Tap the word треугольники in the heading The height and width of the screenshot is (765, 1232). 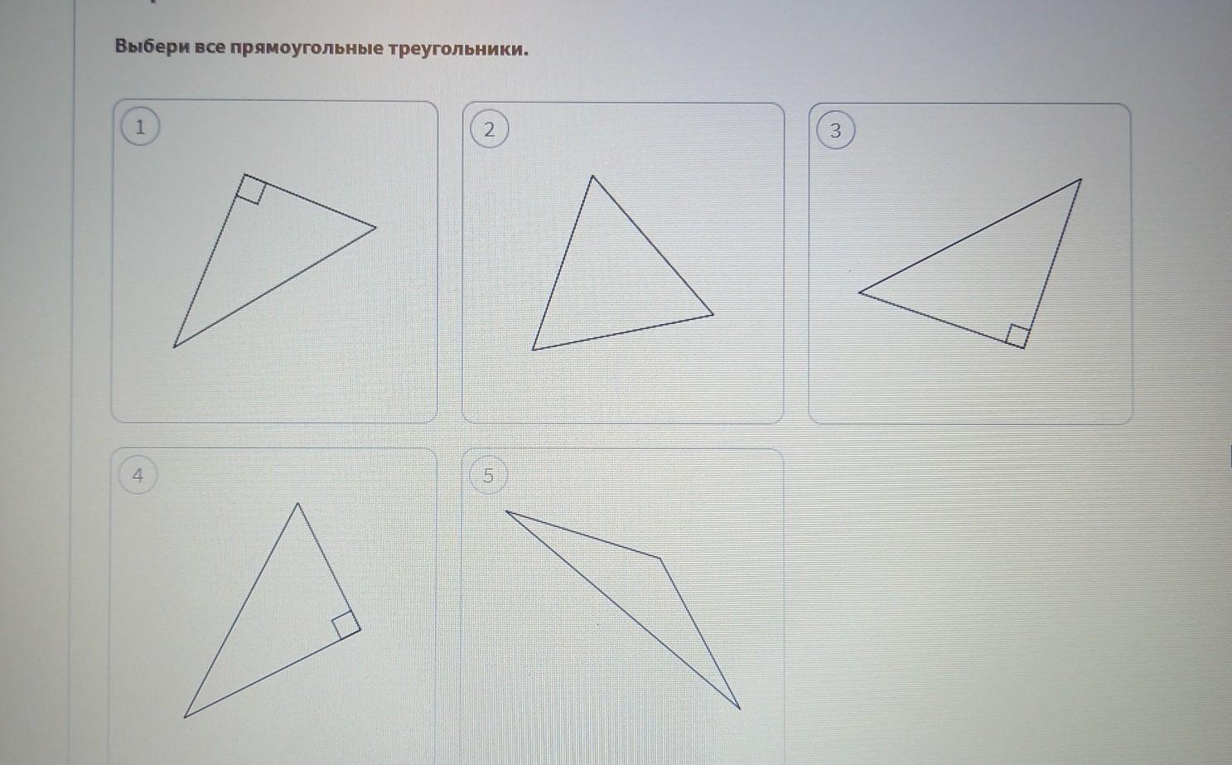[458, 50]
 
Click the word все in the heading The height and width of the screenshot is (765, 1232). [210, 47]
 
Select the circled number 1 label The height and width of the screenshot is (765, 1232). [140, 127]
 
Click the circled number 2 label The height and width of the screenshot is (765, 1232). [489, 130]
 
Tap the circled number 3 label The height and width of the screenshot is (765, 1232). [835, 130]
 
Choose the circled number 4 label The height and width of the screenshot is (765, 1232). [138, 475]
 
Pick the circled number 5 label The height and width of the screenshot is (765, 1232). [488, 476]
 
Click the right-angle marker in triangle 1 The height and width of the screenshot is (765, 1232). [251, 189]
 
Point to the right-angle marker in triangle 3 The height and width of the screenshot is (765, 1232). [1017, 336]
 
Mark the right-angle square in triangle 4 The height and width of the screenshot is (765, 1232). [346, 625]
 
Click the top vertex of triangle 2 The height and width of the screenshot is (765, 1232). [592, 176]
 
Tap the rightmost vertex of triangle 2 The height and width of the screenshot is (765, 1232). [713, 315]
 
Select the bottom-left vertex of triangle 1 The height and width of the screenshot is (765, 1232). [174, 347]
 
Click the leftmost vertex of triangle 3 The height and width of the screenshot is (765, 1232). [859, 293]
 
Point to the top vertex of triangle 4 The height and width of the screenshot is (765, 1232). [297, 503]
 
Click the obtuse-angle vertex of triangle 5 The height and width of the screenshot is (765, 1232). [660, 559]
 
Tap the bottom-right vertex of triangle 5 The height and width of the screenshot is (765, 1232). [741, 709]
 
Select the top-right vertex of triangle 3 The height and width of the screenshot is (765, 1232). [1081, 179]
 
